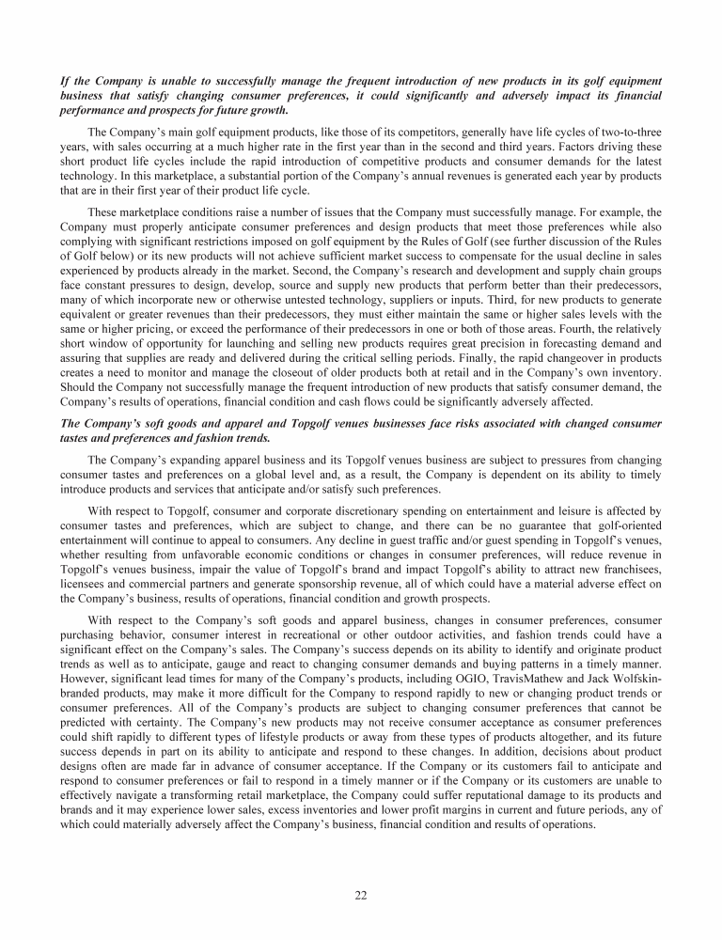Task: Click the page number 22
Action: [361, 894]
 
